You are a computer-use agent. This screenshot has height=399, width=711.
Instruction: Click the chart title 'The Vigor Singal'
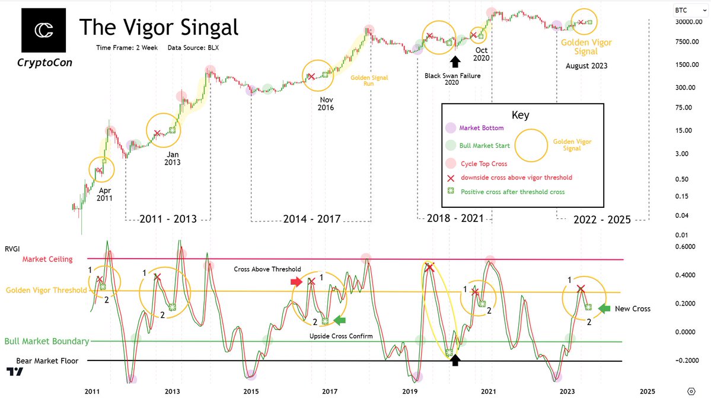tap(158, 27)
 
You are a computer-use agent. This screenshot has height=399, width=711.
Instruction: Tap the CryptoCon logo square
tap(43, 30)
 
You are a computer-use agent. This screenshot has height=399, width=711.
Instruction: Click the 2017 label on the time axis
tap(330, 391)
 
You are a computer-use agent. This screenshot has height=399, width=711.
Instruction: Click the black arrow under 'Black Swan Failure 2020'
tap(455, 61)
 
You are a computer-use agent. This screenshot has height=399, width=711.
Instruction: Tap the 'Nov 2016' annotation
tap(326, 103)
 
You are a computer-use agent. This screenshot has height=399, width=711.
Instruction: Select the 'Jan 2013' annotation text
tap(173, 158)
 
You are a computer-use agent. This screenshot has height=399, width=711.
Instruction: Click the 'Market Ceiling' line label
tap(47, 259)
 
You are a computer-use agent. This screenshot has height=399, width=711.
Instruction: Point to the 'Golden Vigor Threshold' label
tap(46, 291)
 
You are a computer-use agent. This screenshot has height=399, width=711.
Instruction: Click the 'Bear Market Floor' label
tap(42, 361)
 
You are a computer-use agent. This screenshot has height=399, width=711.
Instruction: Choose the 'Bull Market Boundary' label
tap(47, 342)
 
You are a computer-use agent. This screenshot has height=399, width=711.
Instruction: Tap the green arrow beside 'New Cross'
tap(604, 308)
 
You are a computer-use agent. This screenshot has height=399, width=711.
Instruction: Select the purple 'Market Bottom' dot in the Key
tap(451, 128)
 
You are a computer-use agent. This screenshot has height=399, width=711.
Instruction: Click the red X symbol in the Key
tap(451, 178)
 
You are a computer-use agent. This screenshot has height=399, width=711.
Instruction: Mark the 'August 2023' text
tap(586, 66)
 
